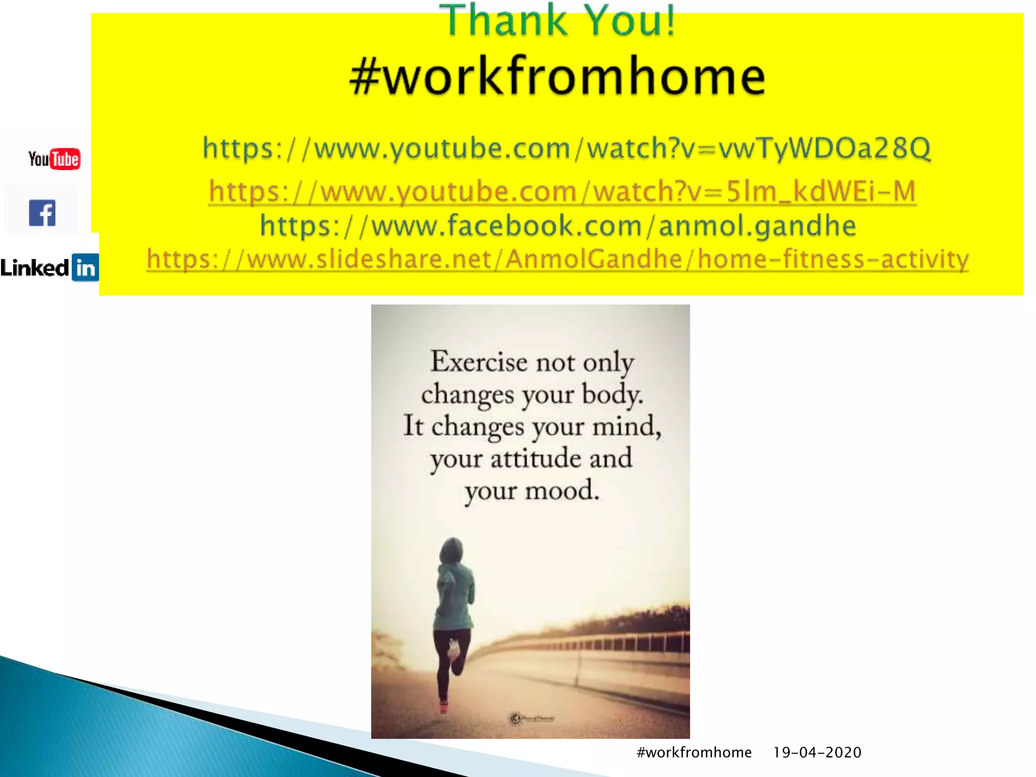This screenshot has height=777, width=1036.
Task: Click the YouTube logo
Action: pos(54,159)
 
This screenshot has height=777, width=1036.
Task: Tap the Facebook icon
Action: pos(42,213)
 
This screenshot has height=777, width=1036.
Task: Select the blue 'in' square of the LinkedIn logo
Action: pos(85,268)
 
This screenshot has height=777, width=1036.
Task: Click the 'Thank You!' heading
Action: pos(557,21)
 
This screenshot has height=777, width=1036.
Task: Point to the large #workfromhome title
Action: pos(557,77)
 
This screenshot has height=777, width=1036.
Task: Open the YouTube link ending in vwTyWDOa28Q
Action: pos(567,148)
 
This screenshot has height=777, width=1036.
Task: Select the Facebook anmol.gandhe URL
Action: pos(558,226)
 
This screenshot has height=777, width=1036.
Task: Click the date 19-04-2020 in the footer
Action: pos(817,752)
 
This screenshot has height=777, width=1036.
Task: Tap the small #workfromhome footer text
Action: pos(694,752)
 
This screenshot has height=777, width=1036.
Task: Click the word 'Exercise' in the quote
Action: pos(479,362)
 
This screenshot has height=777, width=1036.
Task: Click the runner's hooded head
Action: pos(451,551)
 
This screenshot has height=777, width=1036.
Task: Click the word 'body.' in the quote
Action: pos(612,395)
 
